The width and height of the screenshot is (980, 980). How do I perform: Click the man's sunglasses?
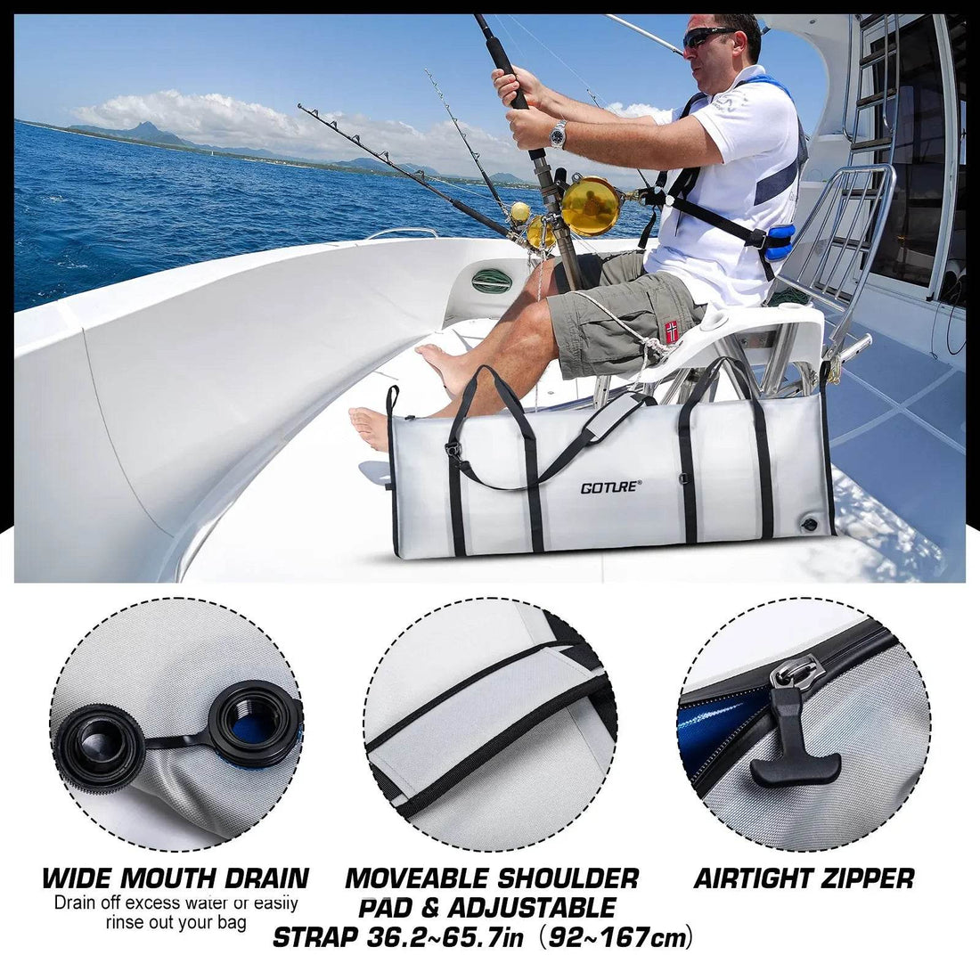click(x=710, y=37)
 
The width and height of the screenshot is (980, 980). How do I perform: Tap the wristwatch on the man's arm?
click(x=558, y=135)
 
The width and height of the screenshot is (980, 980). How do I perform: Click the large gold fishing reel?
click(x=592, y=206)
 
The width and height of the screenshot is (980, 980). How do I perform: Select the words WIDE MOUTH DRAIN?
click(x=175, y=878)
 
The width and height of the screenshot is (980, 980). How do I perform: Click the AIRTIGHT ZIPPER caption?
click(x=804, y=879)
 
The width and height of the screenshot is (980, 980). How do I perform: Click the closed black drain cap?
click(x=96, y=746)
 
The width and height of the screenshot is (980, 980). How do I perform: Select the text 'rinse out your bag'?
click(x=176, y=923)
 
